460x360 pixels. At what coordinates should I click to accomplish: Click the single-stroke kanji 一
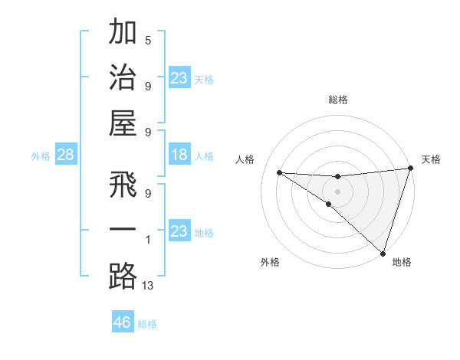(123, 230)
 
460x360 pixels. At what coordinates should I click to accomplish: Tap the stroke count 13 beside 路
(149, 286)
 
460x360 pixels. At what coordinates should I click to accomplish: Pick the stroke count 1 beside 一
(147, 241)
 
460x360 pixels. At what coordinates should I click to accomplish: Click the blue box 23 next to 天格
(179, 78)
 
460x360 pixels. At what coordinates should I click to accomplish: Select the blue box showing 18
(179, 155)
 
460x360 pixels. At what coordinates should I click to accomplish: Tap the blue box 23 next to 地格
(179, 232)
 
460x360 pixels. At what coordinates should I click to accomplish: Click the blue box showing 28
(66, 155)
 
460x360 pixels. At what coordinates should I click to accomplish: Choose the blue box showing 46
(123, 322)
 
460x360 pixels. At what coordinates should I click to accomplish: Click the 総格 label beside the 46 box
(147, 324)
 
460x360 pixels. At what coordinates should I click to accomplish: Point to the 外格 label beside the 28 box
(41, 156)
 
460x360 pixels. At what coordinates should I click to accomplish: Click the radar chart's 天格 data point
(410, 169)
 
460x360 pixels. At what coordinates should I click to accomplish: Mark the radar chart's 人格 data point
(279, 172)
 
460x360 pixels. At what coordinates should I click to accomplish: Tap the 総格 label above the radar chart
(337, 100)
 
